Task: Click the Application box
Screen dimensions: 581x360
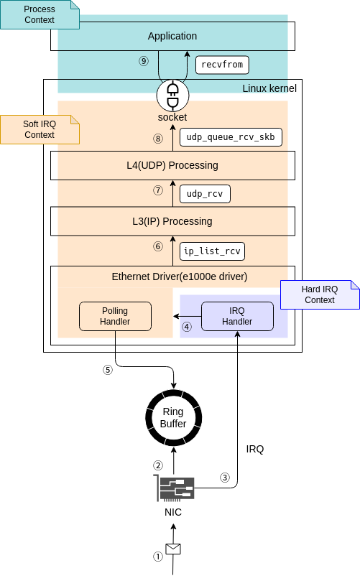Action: click(x=172, y=36)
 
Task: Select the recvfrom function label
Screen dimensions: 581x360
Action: click(x=223, y=65)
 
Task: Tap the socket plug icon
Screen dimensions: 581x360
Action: click(x=172, y=92)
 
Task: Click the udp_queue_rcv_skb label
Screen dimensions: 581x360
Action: click(x=230, y=136)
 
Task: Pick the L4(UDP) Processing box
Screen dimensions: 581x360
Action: click(x=172, y=165)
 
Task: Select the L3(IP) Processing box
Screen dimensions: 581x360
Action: click(x=172, y=221)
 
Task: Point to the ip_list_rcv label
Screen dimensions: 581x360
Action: click(x=212, y=251)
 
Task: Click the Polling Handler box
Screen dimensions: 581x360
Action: click(x=115, y=316)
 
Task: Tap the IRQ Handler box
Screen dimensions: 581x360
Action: click(x=237, y=316)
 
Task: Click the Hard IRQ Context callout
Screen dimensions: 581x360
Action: click(x=320, y=294)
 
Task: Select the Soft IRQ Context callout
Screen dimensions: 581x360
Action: click(x=40, y=129)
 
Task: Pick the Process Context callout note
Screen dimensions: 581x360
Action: click(x=40, y=14)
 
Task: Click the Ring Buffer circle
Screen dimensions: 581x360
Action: click(x=173, y=418)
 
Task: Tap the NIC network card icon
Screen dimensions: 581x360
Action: click(x=173, y=488)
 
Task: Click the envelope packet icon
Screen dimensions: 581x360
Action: click(x=173, y=549)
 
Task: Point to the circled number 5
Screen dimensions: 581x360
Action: click(x=108, y=371)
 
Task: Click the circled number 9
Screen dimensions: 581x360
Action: click(x=144, y=61)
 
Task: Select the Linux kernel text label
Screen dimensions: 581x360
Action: click(x=269, y=88)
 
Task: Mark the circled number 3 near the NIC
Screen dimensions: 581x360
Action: click(x=224, y=477)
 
